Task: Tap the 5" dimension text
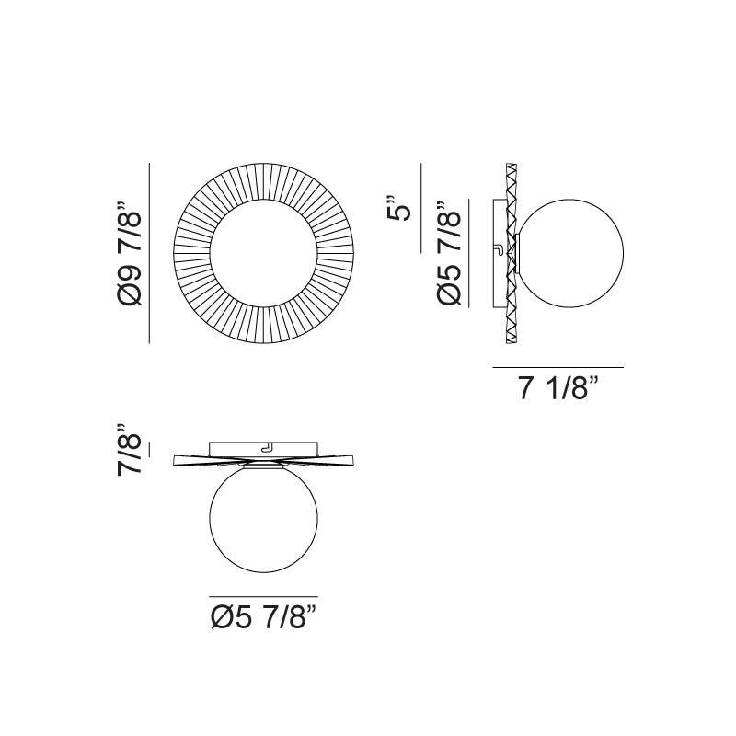[x=398, y=208]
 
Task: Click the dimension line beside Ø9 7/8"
[x=149, y=253]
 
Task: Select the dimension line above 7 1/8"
[x=558, y=367]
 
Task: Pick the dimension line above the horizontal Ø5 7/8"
[x=263, y=596]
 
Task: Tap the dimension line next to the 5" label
[x=420, y=208]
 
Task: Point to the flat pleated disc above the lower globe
[x=202, y=461]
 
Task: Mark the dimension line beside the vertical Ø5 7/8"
[x=469, y=253]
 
